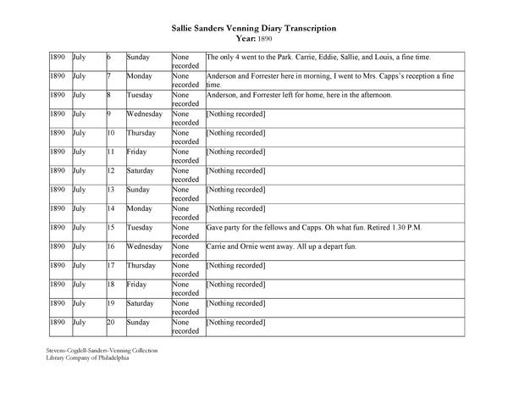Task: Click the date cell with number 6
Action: tap(108, 57)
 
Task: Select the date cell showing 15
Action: tap(110, 228)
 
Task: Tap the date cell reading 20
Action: tap(110, 323)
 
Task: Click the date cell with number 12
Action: tap(110, 170)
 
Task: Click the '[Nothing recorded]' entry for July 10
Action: tap(236, 133)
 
